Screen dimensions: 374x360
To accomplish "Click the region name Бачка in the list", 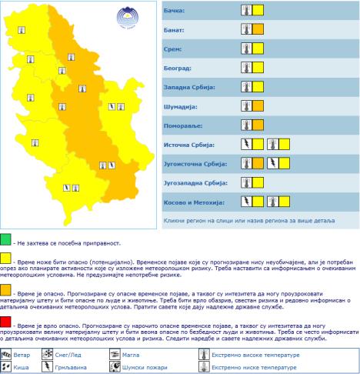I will coord(175,12).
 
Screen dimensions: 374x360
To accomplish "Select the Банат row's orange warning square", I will coord(258,30).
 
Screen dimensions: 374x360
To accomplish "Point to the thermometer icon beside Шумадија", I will coord(246,106).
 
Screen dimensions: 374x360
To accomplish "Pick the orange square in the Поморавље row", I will coord(258,125).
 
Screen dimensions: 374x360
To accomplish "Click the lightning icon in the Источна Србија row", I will coord(246,145).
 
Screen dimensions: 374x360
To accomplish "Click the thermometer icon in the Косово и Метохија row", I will coord(272,202).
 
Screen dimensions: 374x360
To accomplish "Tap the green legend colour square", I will coord(6,242).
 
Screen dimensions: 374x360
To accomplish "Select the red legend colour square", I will coord(6,320).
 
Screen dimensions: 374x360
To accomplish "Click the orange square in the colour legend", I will coord(6,289).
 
